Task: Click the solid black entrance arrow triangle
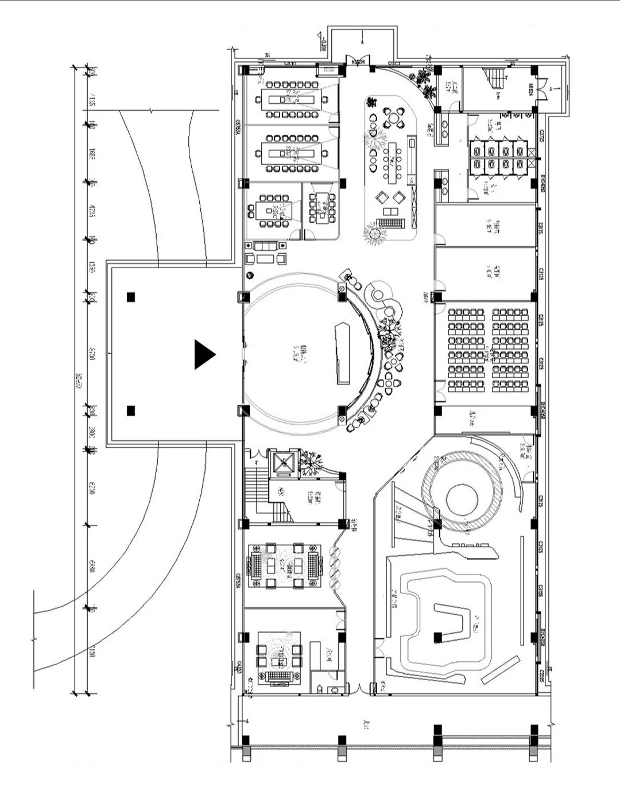204,354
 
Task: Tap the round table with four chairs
394,118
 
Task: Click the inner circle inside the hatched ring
462,499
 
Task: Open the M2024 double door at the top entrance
357,60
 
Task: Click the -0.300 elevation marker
323,44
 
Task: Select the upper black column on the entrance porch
131,297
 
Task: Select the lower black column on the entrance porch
131,410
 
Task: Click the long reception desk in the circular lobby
342,352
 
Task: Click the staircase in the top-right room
494,79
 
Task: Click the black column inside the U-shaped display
438,637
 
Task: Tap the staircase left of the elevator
257,486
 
